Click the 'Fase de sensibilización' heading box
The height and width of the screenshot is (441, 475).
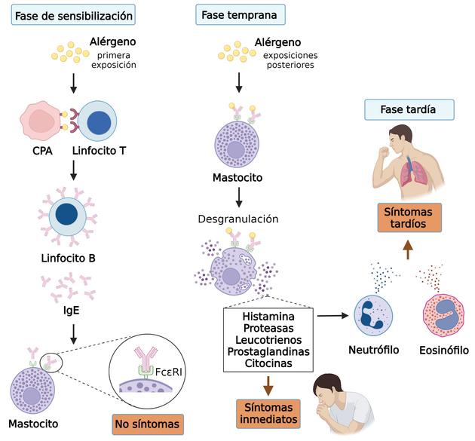[x=74, y=15]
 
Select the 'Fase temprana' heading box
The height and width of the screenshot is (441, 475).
[x=237, y=15]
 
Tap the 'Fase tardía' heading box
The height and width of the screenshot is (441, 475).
[x=409, y=109]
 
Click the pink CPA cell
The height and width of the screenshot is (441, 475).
[x=44, y=123]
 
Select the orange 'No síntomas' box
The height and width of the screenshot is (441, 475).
[x=148, y=424]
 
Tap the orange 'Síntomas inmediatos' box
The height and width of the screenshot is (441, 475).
[x=266, y=412]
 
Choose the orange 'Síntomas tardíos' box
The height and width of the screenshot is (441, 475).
[x=409, y=217]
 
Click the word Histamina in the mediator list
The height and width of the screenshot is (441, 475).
[x=268, y=315]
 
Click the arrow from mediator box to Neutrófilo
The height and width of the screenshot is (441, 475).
[x=331, y=314]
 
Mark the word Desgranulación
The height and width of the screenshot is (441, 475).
[x=237, y=219]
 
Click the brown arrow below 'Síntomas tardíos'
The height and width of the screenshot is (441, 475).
[x=409, y=249]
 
